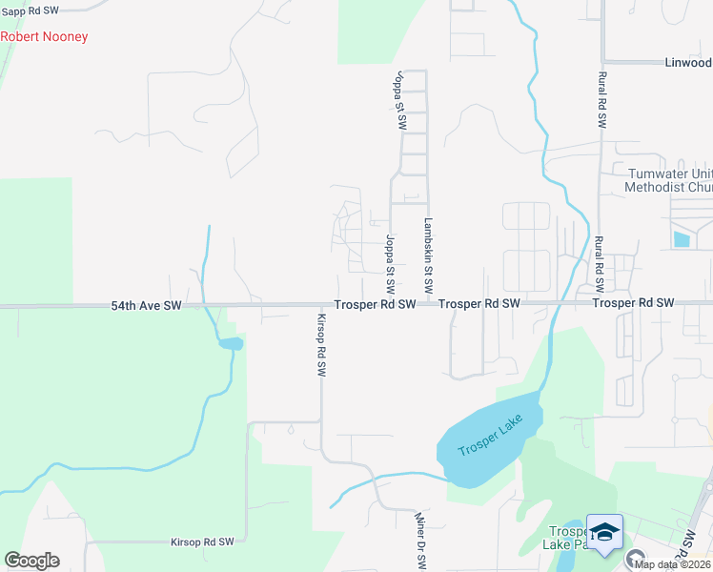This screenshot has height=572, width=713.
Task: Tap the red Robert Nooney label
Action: (44, 37)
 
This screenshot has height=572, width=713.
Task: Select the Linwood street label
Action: (687, 63)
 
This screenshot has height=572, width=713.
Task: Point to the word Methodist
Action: (653, 187)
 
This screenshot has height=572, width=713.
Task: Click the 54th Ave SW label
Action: (146, 306)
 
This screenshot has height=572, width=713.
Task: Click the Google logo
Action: (31, 561)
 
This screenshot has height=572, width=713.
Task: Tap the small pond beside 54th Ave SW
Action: (229, 343)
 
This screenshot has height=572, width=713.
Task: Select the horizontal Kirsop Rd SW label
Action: (202, 541)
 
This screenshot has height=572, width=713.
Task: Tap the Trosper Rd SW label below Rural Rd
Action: (633, 303)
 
